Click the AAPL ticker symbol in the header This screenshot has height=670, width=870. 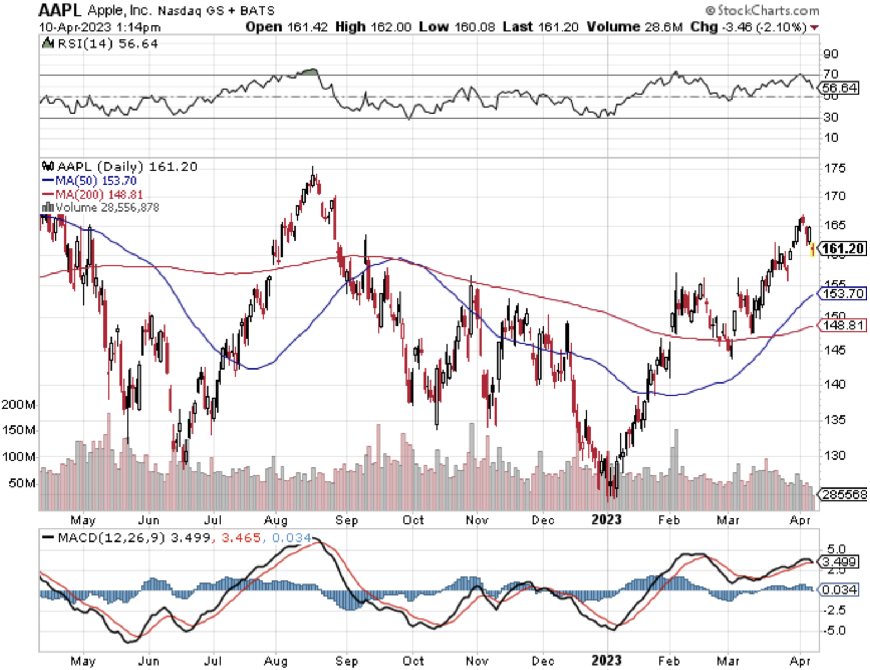[60, 10]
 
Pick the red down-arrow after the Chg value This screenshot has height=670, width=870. [815, 27]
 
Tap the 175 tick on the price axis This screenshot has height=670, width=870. [834, 167]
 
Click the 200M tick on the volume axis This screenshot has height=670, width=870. [19, 404]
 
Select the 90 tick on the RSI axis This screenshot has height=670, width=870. [831, 54]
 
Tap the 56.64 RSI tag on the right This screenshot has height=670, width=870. [840, 88]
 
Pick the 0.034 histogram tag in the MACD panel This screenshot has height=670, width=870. [840, 590]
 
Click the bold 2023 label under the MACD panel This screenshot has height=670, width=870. [606, 661]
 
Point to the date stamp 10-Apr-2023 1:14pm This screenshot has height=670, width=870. [99, 27]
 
